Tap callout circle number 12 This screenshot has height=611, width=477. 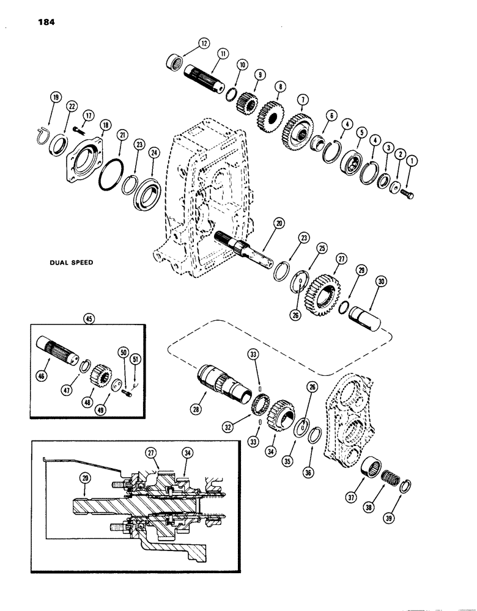[204, 43]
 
